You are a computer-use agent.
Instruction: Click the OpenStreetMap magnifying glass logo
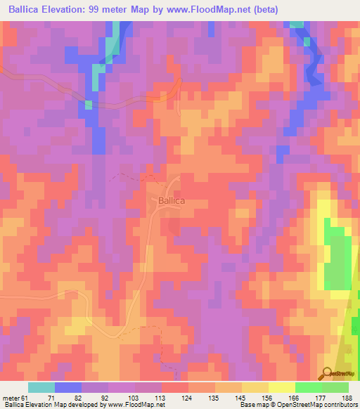pyautogui.click(x=326, y=374)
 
